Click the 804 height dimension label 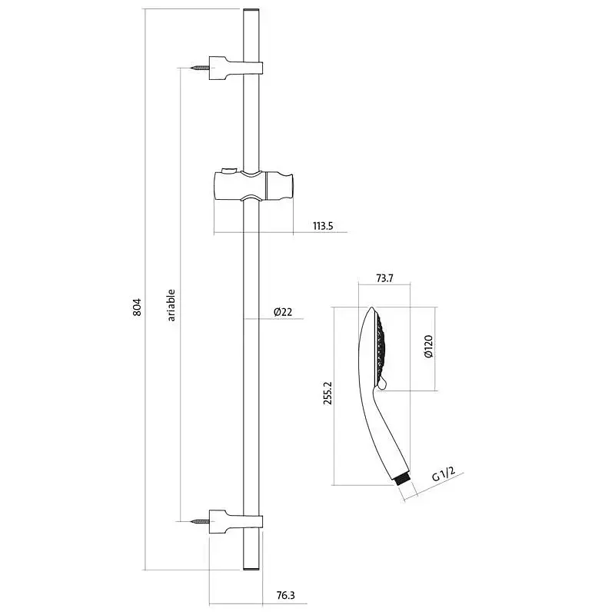coord(137,307)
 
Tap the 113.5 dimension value coord(323,226)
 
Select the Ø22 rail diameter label coord(283,312)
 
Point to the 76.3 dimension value coord(285,595)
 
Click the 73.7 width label coord(384,278)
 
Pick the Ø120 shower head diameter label coord(428,347)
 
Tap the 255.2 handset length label coord(327,393)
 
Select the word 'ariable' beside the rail coord(171,305)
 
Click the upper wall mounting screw coord(201,68)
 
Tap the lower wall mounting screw coord(201,522)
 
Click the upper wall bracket coord(235,68)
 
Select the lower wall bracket coord(235,522)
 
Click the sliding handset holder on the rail coord(254,186)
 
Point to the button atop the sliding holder coord(228,170)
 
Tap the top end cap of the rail coord(251,9)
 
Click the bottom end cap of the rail coord(251,568)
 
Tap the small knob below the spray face coord(383,385)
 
